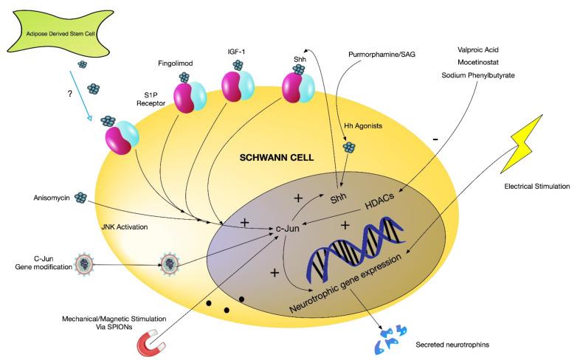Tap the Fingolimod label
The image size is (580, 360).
[x=177, y=63]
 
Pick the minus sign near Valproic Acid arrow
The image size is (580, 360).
[x=437, y=138]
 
